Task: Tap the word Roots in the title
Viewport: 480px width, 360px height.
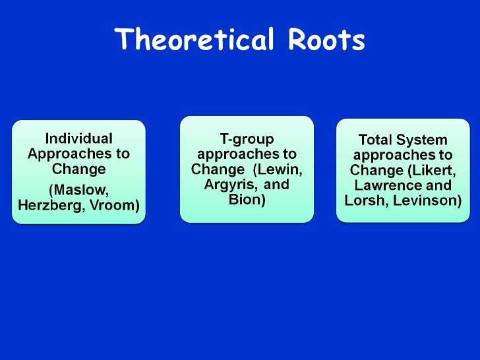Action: pos(326,40)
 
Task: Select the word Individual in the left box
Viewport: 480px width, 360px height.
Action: pos(78,138)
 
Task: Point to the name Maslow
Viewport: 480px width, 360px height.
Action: pos(78,192)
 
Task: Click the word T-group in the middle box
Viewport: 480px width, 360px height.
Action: pos(246,138)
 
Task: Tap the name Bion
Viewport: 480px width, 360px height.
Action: pos(247,199)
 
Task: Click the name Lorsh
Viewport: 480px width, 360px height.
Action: pos(363,200)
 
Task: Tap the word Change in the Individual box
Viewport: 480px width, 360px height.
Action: pos(78,169)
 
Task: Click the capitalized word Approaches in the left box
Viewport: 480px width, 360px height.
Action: pos(60,154)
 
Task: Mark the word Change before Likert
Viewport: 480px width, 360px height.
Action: pos(374,170)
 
